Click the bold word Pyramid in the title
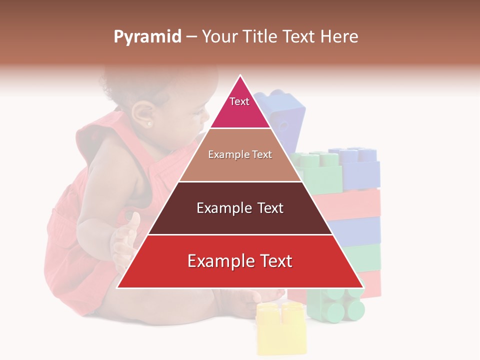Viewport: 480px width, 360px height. (x=147, y=37)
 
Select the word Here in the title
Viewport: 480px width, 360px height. (x=339, y=37)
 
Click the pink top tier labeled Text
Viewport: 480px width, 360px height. (x=239, y=107)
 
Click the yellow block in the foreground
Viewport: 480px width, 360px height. (x=280, y=327)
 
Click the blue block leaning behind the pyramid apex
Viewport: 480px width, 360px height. (x=282, y=115)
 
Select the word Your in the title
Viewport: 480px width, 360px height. (x=218, y=37)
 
